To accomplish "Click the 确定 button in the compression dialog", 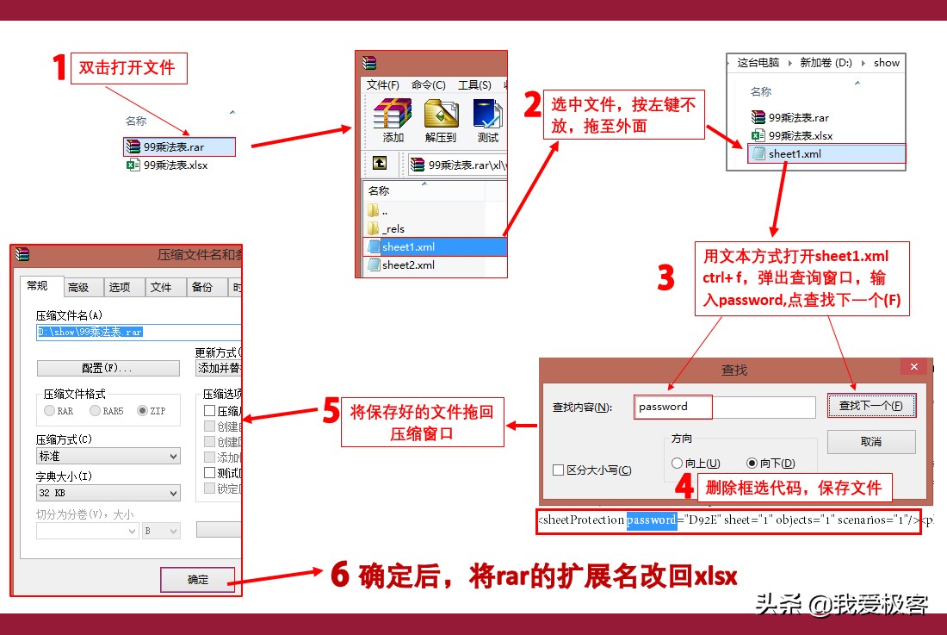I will pyautogui.click(x=197, y=579).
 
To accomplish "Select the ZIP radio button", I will pyautogui.click(x=143, y=411).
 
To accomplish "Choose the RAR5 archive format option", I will pyautogui.click(x=96, y=411).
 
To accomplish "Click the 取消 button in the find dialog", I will pyautogui.click(x=870, y=441).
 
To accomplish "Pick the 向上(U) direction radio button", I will pyautogui.click(x=678, y=464).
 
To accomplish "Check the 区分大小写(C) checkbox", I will pyautogui.click(x=559, y=470).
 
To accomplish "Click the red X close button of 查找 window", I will pyautogui.click(x=913, y=367).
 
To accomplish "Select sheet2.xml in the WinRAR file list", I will pyautogui.click(x=408, y=265).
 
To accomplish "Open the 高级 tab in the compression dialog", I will pyautogui.click(x=78, y=287).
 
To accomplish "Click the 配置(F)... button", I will pyautogui.click(x=108, y=368).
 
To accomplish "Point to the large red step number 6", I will pyautogui.click(x=340, y=575).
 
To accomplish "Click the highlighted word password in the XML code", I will pyautogui.click(x=651, y=520).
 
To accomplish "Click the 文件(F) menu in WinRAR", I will pyautogui.click(x=382, y=84).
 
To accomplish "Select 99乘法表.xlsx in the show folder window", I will pyautogui.click(x=800, y=135).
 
